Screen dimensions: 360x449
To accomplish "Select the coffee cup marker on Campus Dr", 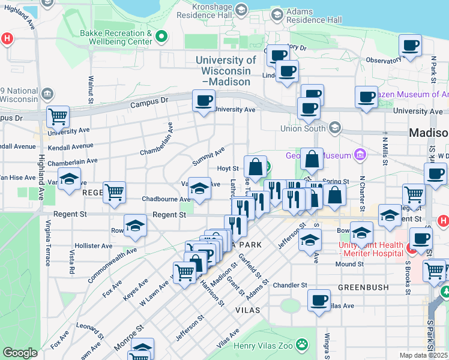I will coord(203,100).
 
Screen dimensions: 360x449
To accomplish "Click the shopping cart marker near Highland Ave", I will coord(58,116).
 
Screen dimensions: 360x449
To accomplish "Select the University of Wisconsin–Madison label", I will coord(226,71).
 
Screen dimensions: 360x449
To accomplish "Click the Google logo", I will coord(20,353).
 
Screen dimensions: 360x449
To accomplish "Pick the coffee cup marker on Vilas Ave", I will coord(319,300).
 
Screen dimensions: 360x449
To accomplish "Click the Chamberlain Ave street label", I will coord(72,161).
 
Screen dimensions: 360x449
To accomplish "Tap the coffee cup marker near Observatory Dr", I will coord(410,46).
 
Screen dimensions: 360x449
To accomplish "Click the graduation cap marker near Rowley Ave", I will coord(136,226).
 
